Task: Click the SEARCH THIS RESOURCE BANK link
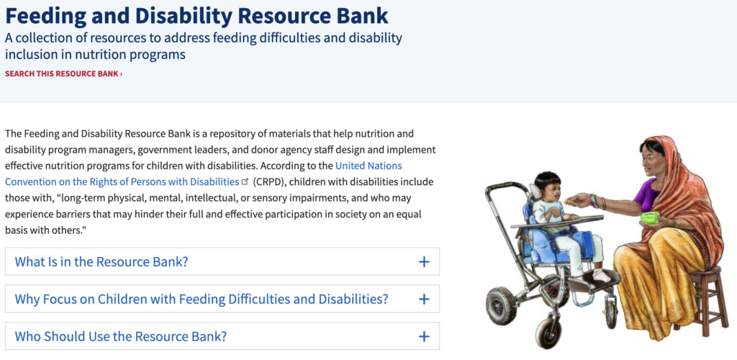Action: (x=63, y=73)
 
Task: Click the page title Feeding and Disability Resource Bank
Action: (x=196, y=15)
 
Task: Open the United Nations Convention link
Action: (x=122, y=181)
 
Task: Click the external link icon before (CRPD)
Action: (x=245, y=181)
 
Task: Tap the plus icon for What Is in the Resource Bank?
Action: (x=424, y=262)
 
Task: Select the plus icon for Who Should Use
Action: (x=424, y=336)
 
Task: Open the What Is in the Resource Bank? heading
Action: (x=101, y=262)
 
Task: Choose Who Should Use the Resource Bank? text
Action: (x=121, y=336)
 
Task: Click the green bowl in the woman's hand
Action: (x=650, y=217)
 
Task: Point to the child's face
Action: (x=551, y=191)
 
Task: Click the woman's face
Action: (x=652, y=158)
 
